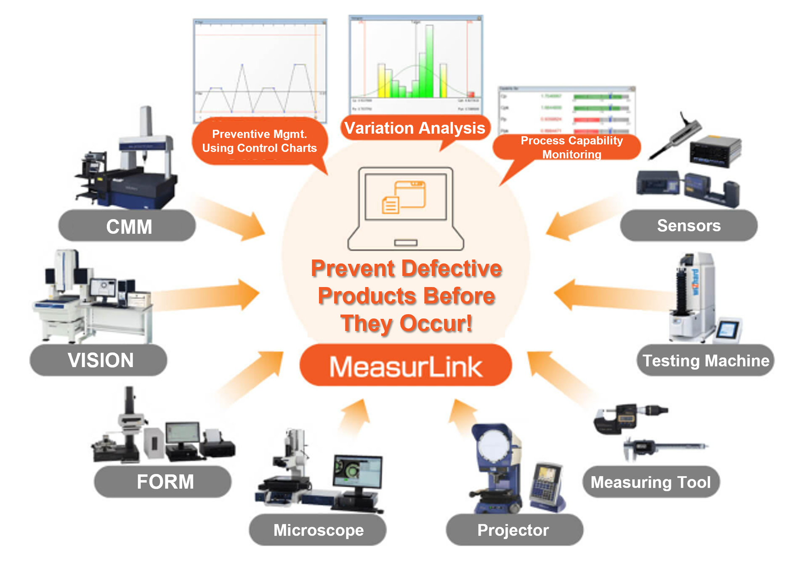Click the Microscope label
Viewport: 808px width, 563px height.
click(x=318, y=530)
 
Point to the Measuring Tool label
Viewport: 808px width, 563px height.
click(x=651, y=482)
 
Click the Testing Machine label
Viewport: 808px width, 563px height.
click(x=705, y=361)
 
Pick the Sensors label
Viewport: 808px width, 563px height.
click(x=688, y=226)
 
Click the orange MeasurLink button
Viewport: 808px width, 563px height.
click(x=406, y=366)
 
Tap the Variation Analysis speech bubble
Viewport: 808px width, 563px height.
click(x=415, y=128)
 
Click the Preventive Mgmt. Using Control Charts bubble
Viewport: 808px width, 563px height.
click(x=259, y=141)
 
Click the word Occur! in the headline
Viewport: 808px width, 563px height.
click(x=436, y=324)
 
